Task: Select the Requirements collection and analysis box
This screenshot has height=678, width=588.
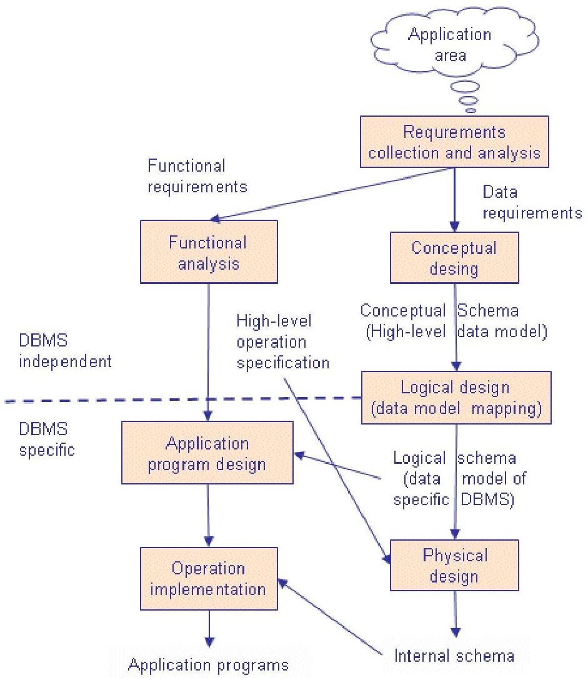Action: pos(454,142)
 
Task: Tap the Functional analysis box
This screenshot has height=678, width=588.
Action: pos(208,252)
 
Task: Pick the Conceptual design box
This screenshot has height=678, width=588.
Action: pos(454,258)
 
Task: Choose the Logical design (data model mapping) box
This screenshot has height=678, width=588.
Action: pos(456,398)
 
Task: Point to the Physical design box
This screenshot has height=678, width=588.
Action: pos(454,565)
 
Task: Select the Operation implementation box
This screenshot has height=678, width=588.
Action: pos(209,579)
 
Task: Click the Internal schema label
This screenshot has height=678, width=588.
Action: pos(454,656)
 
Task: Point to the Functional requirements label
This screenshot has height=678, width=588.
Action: pos(197,176)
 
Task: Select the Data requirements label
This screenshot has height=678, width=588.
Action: pos(532,203)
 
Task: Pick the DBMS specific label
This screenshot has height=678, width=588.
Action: pos(47,440)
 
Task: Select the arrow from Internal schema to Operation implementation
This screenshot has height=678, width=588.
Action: pos(331,619)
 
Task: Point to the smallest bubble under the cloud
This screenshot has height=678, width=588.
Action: pos(471,111)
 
